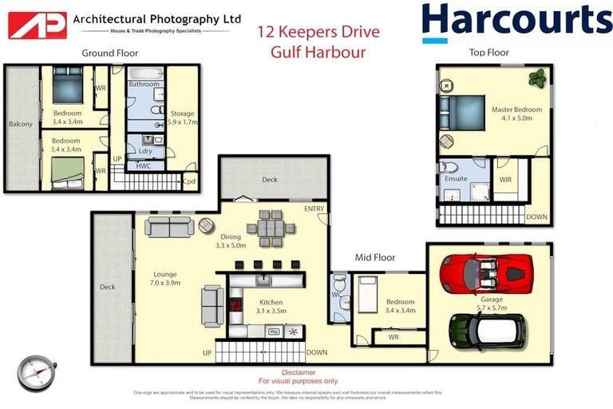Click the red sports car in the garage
pyautogui.click(x=486, y=274)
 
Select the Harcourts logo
pyautogui.click(x=516, y=22)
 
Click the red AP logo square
pyautogui.click(x=37, y=25)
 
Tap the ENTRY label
pyautogui.click(x=314, y=208)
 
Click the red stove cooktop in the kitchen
pyautogui.click(x=235, y=304)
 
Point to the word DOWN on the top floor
pyautogui.click(x=536, y=216)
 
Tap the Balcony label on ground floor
pyautogui.click(x=20, y=124)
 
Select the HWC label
pyautogui.click(x=144, y=165)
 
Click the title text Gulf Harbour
pyautogui.click(x=318, y=53)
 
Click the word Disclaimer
pyautogui.click(x=298, y=372)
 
